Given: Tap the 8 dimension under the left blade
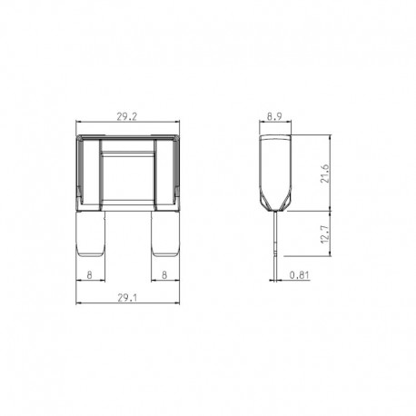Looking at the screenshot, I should (88, 272).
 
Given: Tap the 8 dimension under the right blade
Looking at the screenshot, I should (163, 272).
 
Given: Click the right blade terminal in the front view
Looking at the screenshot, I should (164, 237).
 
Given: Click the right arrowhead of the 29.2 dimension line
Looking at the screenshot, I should (178, 124).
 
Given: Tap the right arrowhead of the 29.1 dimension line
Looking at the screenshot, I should (178, 301).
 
